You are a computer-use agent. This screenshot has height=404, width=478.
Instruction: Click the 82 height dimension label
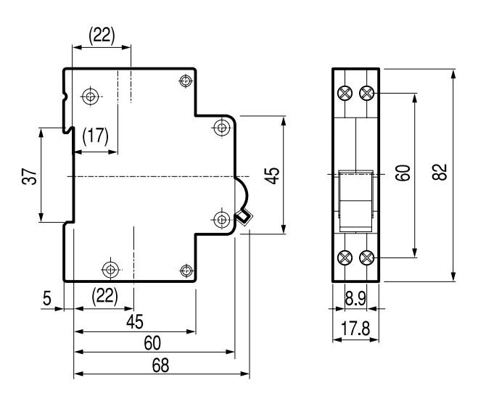(440, 172)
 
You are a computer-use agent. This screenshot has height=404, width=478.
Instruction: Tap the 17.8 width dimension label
(355, 329)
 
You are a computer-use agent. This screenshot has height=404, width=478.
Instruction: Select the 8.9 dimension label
(355, 298)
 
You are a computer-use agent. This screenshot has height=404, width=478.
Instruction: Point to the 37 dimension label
(29, 176)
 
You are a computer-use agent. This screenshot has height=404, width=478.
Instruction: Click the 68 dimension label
(160, 365)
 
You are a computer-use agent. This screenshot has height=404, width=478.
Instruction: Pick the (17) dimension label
(96, 136)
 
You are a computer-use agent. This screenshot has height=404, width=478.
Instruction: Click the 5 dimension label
(47, 298)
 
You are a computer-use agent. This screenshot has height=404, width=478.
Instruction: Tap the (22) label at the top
(102, 36)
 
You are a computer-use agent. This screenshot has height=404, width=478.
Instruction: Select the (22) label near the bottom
(105, 295)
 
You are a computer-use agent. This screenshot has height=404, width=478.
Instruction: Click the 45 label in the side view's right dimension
(273, 176)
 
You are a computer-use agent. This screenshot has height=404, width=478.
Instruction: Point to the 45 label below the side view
(135, 321)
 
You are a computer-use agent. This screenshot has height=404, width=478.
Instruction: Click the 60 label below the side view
(152, 343)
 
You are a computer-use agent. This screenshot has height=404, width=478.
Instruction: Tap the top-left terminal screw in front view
(345, 93)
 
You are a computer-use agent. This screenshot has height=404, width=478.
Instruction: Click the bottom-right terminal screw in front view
(367, 258)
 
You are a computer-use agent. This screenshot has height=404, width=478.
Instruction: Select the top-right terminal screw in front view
(367, 93)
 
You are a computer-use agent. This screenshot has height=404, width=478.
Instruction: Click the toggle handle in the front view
(355, 201)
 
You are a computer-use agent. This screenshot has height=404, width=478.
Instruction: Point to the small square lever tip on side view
(243, 217)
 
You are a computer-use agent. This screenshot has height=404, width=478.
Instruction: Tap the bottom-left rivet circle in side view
(110, 270)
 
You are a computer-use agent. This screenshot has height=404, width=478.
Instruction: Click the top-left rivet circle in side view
(90, 96)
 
